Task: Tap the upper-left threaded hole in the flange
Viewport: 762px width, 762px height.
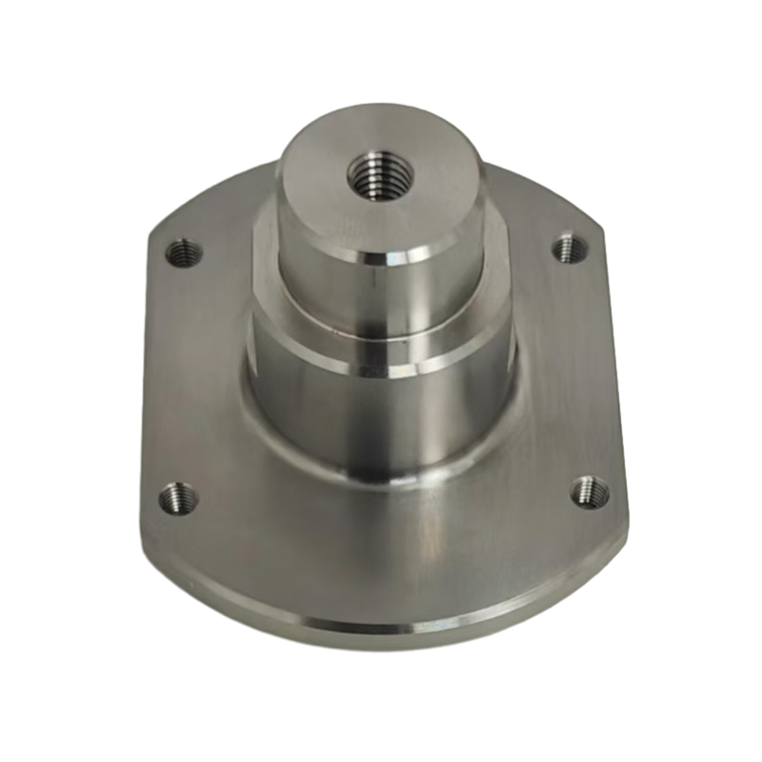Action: [x=185, y=253]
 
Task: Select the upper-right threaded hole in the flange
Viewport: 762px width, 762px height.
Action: [x=570, y=248]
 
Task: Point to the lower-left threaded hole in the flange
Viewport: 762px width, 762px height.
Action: [x=177, y=496]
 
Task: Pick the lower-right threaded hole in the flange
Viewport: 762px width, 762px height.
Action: [x=590, y=492]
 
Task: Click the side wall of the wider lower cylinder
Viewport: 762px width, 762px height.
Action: [x=314, y=400]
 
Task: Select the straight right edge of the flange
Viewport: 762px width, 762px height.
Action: [x=617, y=381]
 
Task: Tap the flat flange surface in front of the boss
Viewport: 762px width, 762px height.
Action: [x=381, y=552]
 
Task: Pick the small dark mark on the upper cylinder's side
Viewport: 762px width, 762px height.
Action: [x=379, y=283]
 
